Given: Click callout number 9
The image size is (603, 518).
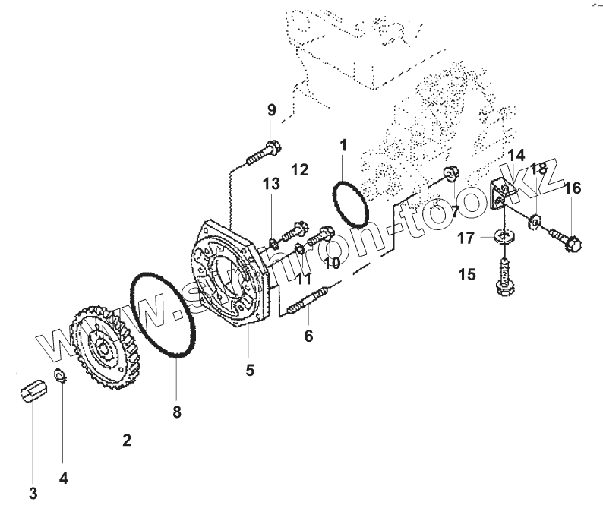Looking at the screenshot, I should [272, 111].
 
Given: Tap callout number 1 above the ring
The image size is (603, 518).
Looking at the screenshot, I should [343, 144].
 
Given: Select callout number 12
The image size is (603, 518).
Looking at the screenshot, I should [300, 170].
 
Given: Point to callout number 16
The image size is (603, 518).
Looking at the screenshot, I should [572, 188].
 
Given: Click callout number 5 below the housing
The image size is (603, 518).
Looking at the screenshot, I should [250, 371].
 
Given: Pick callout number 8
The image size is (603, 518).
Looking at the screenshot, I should [176, 412].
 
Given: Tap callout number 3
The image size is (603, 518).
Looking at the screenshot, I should [33, 493].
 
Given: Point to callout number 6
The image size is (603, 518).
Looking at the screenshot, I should [308, 335].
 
